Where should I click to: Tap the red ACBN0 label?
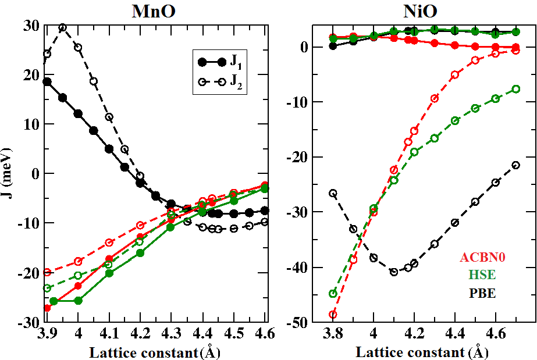[x=482, y=256]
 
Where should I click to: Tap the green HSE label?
[x=482, y=275]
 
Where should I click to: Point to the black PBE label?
[x=482, y=293]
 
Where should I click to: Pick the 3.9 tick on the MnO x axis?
[x=47, y=334]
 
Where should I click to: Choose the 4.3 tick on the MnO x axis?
[x=171, y=334]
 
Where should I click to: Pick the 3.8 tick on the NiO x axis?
[x=333, y=334]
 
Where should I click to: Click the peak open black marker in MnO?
[x=63, y=28]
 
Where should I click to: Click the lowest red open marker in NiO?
[x=333, y=315]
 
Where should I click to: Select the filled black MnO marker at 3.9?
[x=47, y=82]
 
